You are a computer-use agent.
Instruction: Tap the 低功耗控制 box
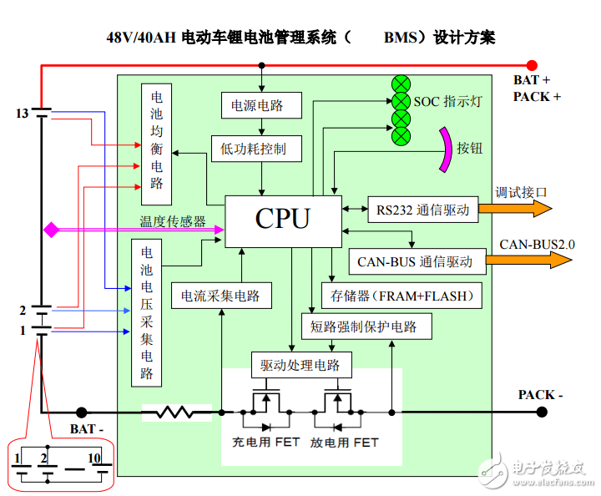click(x=253, y=149)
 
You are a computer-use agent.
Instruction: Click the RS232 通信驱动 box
click(x=422, y=210)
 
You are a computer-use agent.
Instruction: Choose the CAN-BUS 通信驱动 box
click(x=415, y=261)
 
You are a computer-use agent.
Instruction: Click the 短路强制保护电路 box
click(x=366, y=326)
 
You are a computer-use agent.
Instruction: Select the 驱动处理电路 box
click(x=301, y=365)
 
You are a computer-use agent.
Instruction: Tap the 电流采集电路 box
click(x=220, y=296)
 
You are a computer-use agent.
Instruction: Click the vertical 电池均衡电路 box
click(x=156, y=144)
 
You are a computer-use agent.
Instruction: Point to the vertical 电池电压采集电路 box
click(x=147, y=312)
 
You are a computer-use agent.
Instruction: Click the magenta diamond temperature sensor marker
click(x=52, y=229)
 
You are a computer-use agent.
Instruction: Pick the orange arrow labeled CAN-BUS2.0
click(x=528, y=261)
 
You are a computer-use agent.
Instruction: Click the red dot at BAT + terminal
click(x=532, y=64)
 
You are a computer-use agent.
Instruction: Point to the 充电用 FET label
click(x=265, y=442)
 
